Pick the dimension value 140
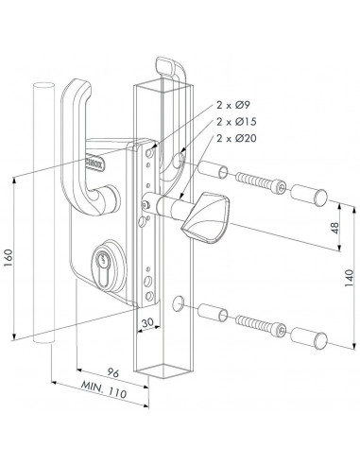coord(349,276)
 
